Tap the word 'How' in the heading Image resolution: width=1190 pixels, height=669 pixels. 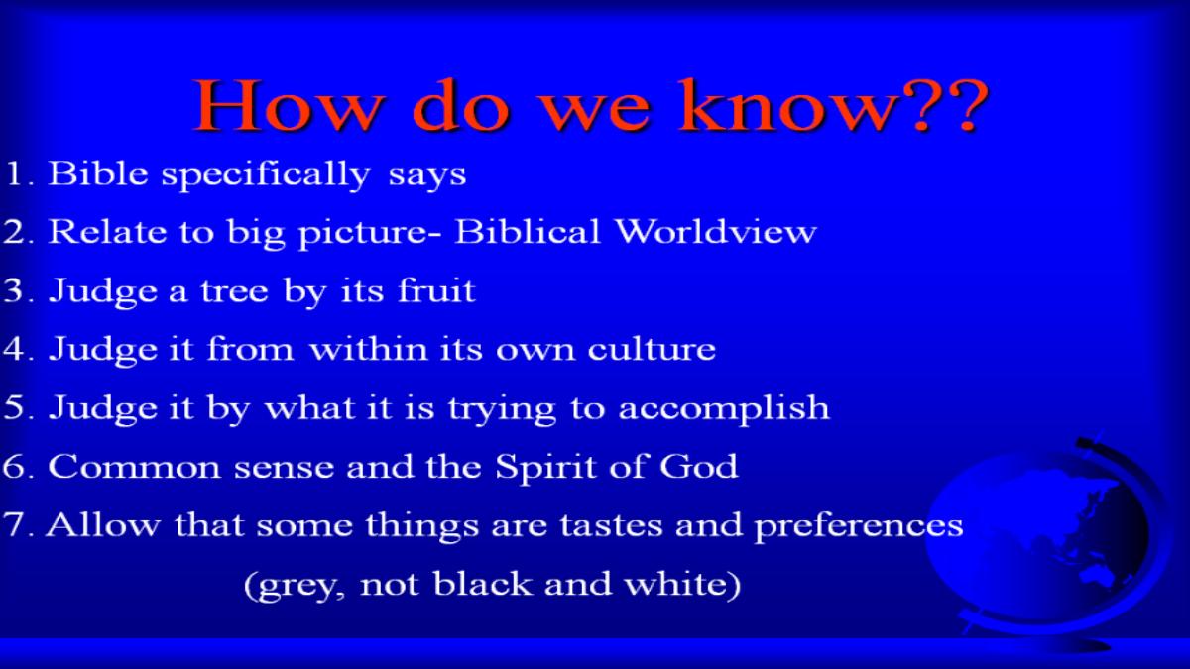[289, 105]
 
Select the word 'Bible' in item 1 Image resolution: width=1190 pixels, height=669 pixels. [98, 173]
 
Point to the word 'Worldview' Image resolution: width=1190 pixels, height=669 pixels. [716, 232]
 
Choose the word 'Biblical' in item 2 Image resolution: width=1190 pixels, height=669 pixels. [528, 232]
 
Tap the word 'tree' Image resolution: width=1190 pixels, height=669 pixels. [234, 291]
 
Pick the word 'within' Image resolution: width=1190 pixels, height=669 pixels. [369, 348]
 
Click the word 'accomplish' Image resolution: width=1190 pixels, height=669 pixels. [724, 408]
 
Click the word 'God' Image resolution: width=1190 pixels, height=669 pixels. [698, 466]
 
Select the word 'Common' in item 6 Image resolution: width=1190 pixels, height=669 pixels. [135, 466]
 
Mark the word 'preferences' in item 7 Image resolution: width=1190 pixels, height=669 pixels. [859, 526]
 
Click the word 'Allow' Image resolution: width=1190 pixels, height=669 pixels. [102, 524]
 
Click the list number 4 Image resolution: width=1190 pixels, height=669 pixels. [13, 348]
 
